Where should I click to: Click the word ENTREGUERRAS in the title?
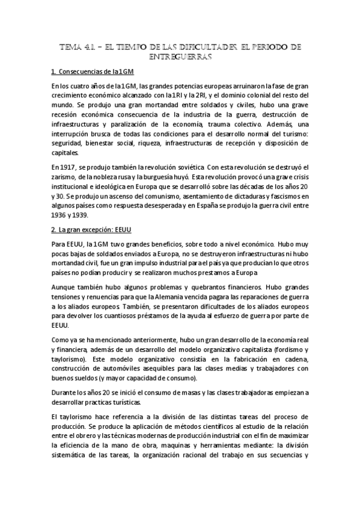click(180, 57)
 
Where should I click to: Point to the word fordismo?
click(283, 349)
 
